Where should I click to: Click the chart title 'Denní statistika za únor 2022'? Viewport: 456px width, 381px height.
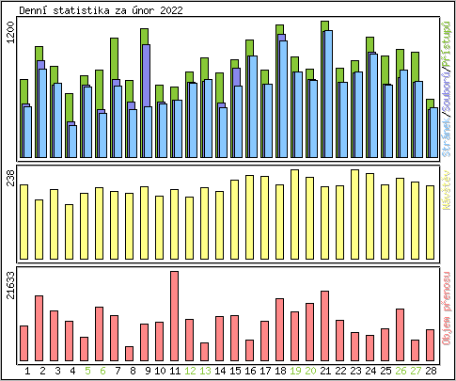[x=102, y=10]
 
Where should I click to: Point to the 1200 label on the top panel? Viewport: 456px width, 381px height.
[x=10, y=38]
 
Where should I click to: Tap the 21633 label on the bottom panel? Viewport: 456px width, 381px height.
[x=10, y=285]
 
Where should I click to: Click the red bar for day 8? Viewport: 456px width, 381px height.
[x=129, y=354]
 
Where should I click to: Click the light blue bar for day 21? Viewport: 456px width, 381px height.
[x=327, y=94]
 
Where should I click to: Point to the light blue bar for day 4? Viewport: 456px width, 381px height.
[x=72, y=142]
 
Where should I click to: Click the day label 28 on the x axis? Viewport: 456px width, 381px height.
[x=430, y=371]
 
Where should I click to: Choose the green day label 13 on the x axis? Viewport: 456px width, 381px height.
[x=204, y=371]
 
